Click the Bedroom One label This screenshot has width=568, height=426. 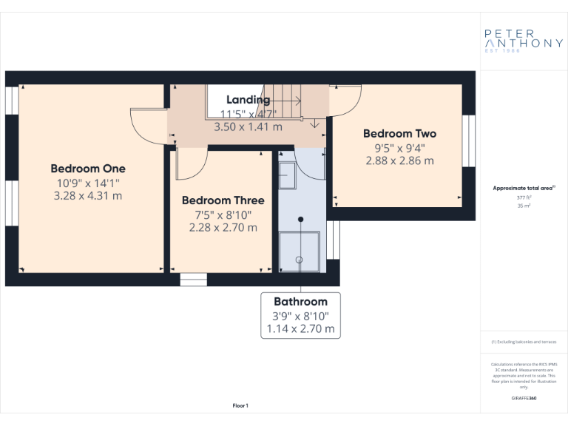point(88,168)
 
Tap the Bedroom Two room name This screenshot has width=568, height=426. point(399,133)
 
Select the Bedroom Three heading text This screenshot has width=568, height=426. point(223,200)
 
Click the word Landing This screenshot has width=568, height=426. point(248,100)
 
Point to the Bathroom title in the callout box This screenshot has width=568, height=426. point(300,302)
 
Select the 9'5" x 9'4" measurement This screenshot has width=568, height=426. point(399,147)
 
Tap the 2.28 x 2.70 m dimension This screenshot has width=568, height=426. point(223,227)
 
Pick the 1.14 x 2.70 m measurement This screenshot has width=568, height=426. point(300,328)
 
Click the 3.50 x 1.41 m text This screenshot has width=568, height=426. point(248,126)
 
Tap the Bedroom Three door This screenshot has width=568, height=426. point(186,166)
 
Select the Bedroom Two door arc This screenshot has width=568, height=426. point(345,100)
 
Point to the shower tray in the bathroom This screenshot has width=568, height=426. point(300,252)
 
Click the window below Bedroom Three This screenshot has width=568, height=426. point(194,280)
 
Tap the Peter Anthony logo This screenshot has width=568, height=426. point(523,39)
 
